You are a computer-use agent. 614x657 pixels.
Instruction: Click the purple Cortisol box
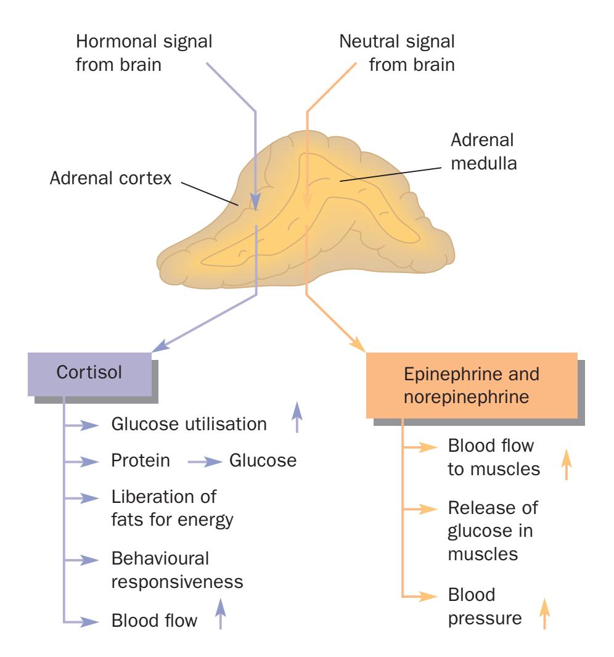click(89, 373)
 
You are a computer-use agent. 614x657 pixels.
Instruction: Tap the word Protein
click(141, 461)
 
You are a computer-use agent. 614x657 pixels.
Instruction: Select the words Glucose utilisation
click(189, 425)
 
